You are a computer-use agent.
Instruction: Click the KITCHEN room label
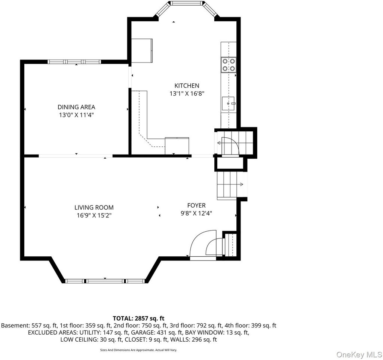(x=187, y=86)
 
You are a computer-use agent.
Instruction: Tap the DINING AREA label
(x=76, y=107)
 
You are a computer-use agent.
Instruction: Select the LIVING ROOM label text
(x=94, y=207)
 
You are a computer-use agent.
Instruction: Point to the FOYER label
(x=196, y=205)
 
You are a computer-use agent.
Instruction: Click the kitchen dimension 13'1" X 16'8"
(x=187, y=93)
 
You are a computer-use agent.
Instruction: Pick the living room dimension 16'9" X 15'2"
(x=94, y=215)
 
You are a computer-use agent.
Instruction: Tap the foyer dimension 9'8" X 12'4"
(x=196, y=213)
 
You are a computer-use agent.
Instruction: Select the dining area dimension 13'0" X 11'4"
(x=76, y=115)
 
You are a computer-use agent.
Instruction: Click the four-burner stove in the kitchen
(x=229, y=65)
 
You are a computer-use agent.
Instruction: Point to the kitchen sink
(x=229, y=104)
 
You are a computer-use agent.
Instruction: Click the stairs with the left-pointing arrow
(x=235, y=143)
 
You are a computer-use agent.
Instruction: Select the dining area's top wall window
(x=74, y=62)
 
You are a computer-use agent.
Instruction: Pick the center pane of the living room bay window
(x=105, y=281)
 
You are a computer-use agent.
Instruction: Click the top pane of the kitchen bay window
(x=187, y=3)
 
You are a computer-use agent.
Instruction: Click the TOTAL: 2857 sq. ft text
(x=138, y=318)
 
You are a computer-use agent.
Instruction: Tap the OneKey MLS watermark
(x=359, y=355)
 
